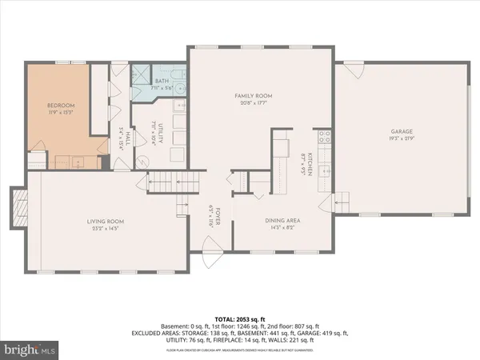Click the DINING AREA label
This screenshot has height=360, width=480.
pos(282,221)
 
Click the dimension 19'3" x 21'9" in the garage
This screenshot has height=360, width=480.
pos(402,138)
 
